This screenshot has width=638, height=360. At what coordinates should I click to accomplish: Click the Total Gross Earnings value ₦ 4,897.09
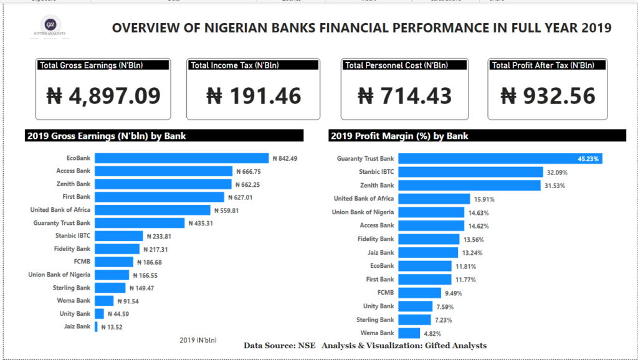click(103, 95)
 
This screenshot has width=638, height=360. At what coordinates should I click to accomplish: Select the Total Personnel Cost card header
click(396, 65)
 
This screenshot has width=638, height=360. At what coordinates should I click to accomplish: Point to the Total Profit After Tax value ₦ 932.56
click(548, 95)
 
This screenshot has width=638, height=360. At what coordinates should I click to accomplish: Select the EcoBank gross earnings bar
click(181, 158)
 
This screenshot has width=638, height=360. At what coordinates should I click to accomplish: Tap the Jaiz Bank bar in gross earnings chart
click(96, 326)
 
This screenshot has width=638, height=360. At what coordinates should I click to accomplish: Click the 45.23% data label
click(588, 159)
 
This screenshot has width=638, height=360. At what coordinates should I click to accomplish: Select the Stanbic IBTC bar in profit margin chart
click(470, 172)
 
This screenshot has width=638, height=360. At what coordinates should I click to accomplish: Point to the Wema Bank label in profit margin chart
click(378, 333)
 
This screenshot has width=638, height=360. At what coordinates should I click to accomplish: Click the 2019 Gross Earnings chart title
click(106, 136)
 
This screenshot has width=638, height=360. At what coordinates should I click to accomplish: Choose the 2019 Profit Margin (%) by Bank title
click(399, 136)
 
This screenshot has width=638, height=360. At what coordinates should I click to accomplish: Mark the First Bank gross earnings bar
click(159, 197)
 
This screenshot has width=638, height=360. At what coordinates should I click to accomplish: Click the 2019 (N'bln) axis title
click(198, 340)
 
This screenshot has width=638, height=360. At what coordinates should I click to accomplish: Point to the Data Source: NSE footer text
click(280, 346)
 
